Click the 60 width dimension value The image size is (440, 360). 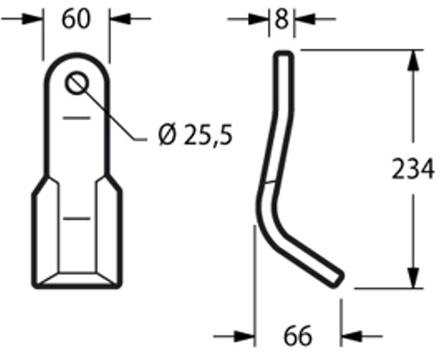(76, 19)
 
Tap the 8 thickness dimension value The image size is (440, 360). (282, 20)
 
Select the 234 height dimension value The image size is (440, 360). (413, 169)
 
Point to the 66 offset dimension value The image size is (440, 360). (297, 335)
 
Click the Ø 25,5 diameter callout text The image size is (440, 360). (195, 135)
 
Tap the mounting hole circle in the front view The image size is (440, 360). (77, 83)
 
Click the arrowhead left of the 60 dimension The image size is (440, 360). (32, 19)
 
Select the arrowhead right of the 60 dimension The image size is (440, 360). (120, 19)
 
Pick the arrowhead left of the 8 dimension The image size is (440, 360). (258, 19)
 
